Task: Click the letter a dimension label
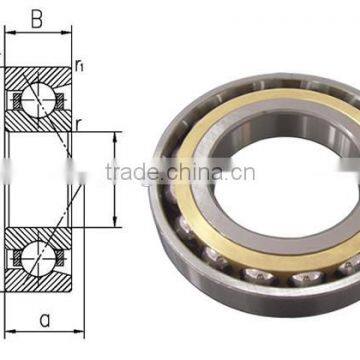coord(41,323)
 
